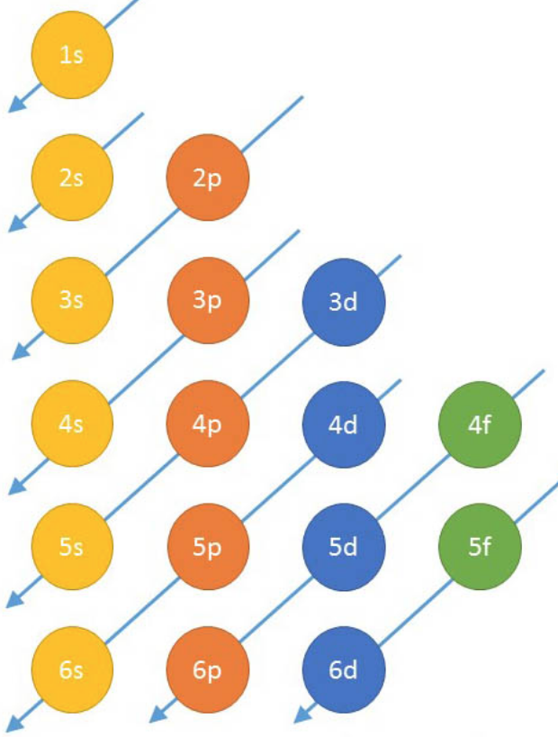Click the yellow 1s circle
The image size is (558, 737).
coord(72,56)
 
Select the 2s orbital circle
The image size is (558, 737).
coord(72,177)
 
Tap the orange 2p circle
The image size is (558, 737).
coord(207,177)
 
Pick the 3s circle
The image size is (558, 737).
coord(72,301)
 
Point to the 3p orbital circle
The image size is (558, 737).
coord(207,301)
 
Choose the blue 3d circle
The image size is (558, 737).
coord(344,301)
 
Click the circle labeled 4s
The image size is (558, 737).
coord(72,424)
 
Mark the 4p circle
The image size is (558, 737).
coord(207,424)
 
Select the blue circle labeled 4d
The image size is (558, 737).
coord(344,424)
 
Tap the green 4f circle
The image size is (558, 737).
coord(480,424)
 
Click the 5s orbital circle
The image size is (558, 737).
coord(72,547)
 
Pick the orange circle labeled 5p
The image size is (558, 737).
coord(207,547)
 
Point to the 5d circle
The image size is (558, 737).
coord(344,547)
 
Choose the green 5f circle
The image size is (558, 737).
coord(480,547)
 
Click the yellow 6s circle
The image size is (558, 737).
coord(72,670)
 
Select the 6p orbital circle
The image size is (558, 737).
coord(207,670)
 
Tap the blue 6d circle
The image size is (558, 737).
coord(344,670)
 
